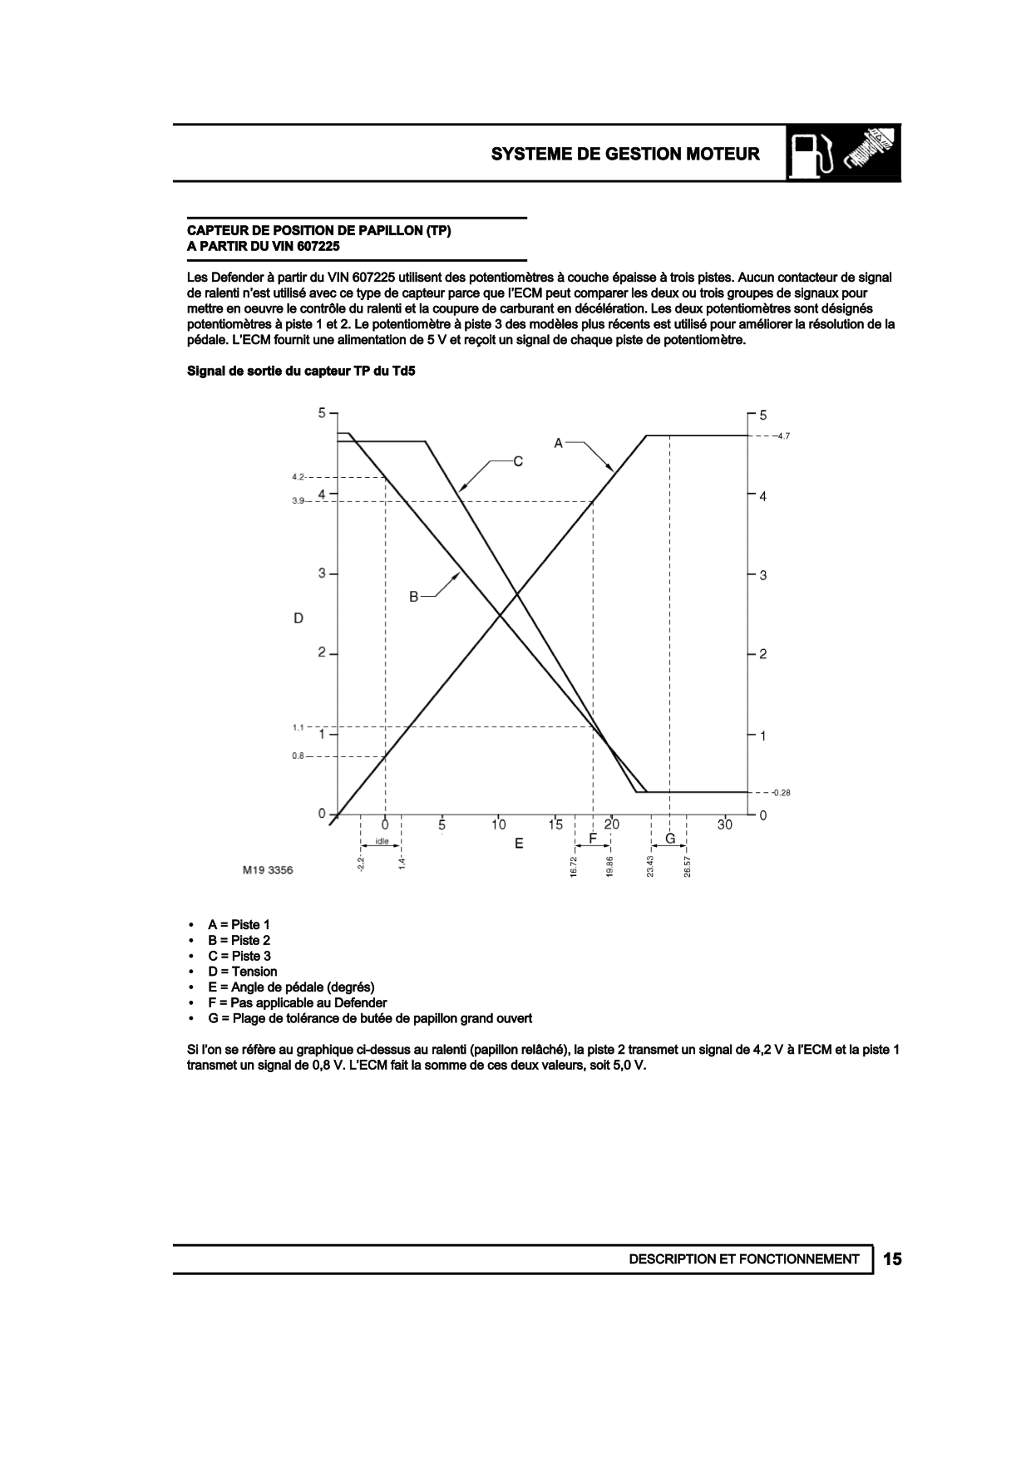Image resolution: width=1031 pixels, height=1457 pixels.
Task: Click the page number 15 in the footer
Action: [x=892, y=1259]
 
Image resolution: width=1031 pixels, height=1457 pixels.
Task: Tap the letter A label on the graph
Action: [x=559, y=444]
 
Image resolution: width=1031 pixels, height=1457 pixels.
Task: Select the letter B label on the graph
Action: [x=413, y=596]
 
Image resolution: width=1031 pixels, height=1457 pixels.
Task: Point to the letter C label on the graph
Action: [x=517, y=461]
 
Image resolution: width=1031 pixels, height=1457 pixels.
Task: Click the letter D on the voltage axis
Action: [x=298, y=618]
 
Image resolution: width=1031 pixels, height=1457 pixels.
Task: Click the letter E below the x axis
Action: [x=519, y=843]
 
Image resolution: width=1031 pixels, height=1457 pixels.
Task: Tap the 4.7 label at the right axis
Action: [x=782, y=436]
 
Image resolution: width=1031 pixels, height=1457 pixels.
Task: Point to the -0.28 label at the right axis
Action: [x=780, y=793]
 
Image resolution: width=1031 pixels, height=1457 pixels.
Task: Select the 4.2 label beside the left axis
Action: [x=298, y=477]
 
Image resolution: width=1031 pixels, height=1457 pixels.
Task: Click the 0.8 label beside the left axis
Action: [x=298, y=756]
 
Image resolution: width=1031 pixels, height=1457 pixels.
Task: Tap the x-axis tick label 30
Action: [x=725, y=824]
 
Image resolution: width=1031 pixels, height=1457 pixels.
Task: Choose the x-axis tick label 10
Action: [x=498, y=824]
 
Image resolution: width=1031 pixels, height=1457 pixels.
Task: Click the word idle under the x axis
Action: [x=382, y=841]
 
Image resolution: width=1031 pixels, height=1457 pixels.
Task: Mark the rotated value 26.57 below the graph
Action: [x=688, y=866]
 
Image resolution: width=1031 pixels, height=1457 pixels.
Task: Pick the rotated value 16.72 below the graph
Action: [x=574, y=866]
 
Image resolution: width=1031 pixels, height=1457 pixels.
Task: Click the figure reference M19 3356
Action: [x=268, y=870]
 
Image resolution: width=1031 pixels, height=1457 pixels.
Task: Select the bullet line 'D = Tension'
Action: [x=242, y=972]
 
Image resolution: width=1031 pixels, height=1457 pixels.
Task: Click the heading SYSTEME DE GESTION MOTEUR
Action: [x=624, y=154]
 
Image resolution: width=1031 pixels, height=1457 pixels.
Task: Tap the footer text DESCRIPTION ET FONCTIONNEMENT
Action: [x=744, y=1259]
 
